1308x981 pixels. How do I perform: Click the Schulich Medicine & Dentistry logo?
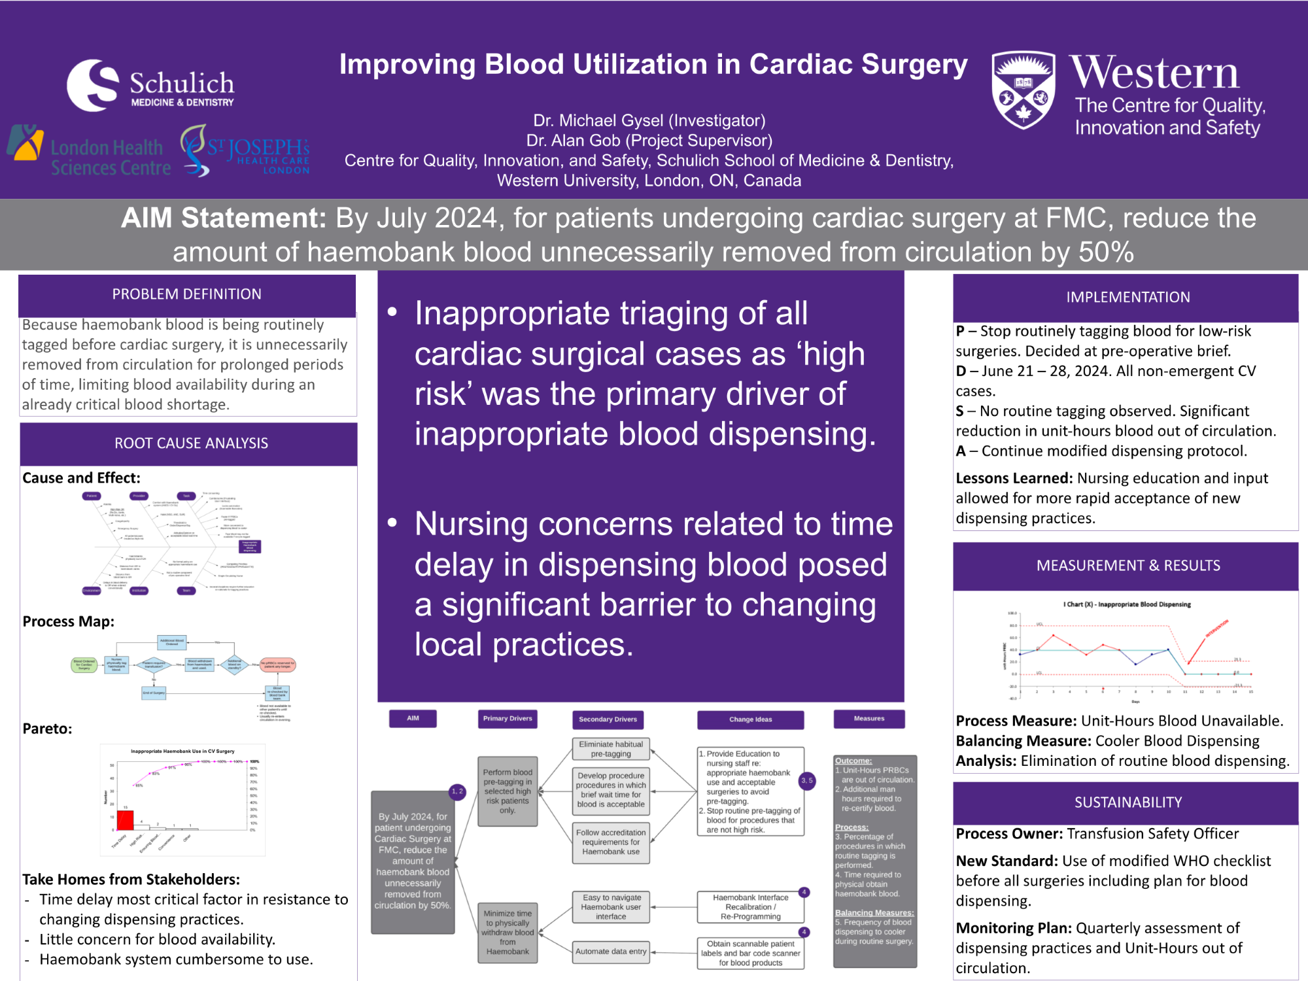click(x=150, y=86)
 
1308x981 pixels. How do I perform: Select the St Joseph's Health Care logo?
click(x=245, y=152)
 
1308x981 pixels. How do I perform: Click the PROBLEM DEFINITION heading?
click(x=187, y=294)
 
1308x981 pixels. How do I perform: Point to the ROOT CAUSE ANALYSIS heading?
click(x=191, y=443)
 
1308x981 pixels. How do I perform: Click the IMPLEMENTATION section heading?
click(x=1127, y=298)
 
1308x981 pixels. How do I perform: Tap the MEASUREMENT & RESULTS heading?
click(x=1127, y=566)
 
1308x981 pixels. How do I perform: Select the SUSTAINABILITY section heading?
click(x=1127, y=802)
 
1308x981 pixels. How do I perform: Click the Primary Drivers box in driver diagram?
click(x=508, y=719)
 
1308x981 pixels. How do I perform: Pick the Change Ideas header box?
click(x=750, y=719)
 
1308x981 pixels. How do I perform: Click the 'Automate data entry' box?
click(x=611, y=952)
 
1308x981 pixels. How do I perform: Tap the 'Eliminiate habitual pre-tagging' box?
click(x=611, y=749)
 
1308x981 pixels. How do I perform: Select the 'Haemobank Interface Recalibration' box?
click(x=750, y=907)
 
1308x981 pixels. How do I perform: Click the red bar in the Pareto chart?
click(x=125, y=820)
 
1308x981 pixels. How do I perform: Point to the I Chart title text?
click(x=1127, y=604)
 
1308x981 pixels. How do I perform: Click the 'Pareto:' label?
click(x=48, y=729)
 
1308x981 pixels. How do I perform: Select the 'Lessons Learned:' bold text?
click(x=1014, y=478)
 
